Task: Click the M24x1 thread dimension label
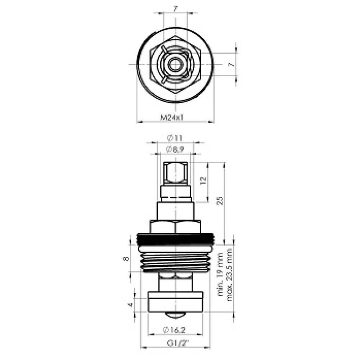(x=172, y=118)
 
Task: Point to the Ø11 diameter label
(x=175, y=138)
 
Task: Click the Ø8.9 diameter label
(x=175, y=150)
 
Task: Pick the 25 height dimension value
(x=220, y=201)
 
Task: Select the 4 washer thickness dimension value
(x=130, y=305)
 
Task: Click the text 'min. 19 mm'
(x=220, y=274)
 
